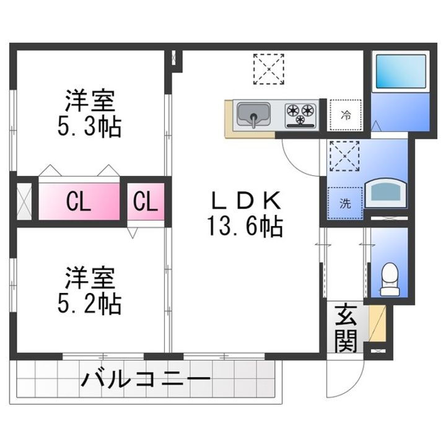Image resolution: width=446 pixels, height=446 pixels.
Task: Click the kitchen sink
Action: click(x=252, y=116)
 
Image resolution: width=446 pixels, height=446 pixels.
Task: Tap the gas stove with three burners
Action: click(x=301, y=115)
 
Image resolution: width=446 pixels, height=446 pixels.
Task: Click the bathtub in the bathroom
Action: click(x=400, y=71)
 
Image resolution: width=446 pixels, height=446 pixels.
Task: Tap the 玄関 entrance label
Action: click(x=347, y=328)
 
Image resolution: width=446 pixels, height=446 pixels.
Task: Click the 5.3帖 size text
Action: click(x=90, y=126)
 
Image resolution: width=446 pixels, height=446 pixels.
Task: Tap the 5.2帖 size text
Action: click(x=90, y=304)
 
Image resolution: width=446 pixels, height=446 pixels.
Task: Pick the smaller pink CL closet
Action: click(x=146, y=202)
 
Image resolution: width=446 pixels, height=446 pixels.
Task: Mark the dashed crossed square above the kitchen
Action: click(x=269, y=69)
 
